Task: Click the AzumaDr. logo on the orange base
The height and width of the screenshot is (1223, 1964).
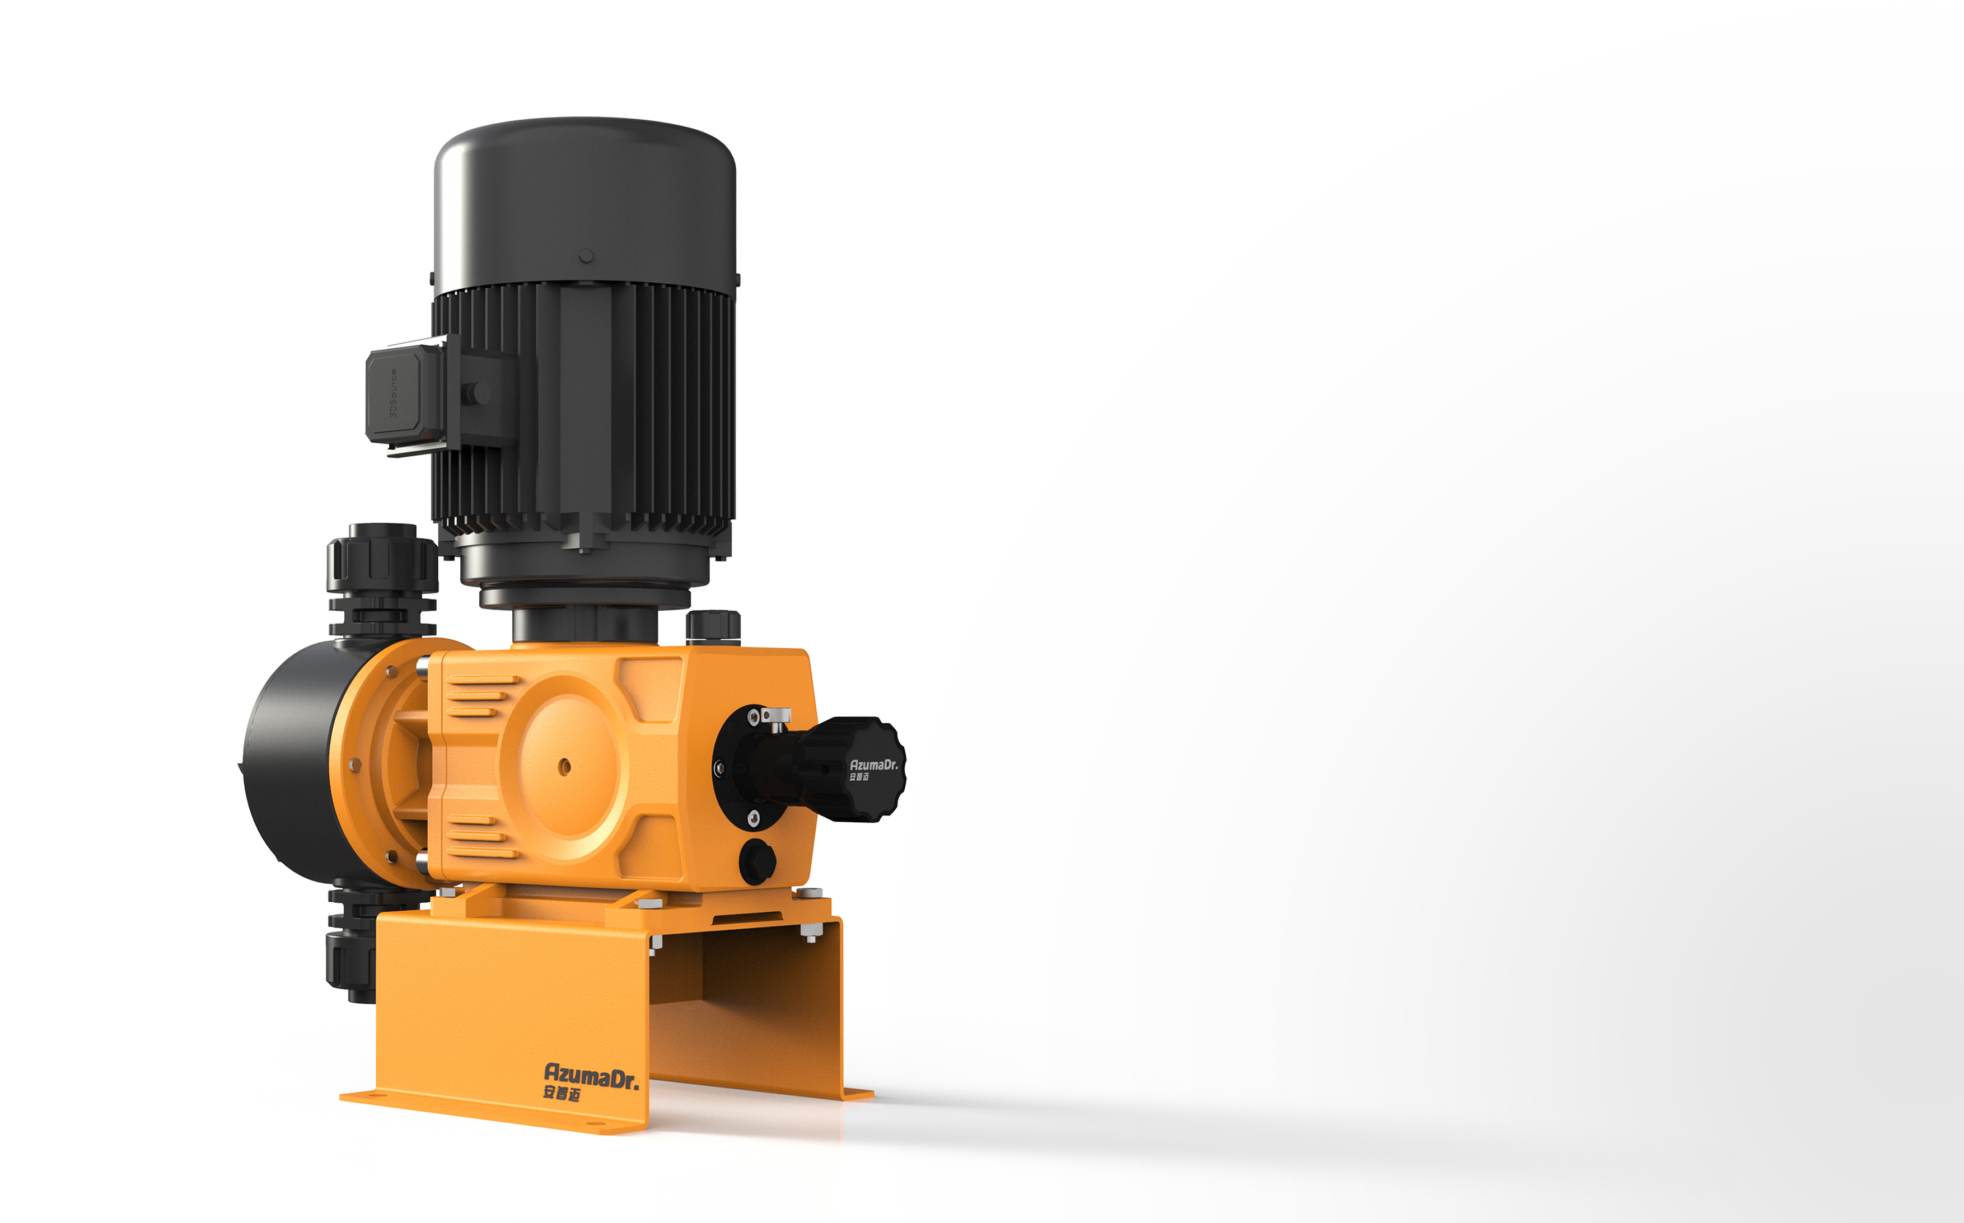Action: click(x=591, y=1076)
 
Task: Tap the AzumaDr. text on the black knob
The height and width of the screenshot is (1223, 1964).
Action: click(x=873, y=765)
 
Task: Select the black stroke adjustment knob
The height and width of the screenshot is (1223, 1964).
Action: click(x=849, y=769)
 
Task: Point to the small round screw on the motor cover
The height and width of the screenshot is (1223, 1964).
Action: click(x=586, y=256)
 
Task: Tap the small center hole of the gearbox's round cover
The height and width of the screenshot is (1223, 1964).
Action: click(x=564, y=766)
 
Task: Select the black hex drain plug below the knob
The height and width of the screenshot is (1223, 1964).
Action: click(x=757, y=861)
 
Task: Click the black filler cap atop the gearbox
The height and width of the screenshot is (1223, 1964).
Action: click(x=713, y=627)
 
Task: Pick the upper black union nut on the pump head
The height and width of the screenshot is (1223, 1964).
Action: click(x=382, y=558)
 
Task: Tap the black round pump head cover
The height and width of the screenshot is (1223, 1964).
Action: click(x=291, y=760)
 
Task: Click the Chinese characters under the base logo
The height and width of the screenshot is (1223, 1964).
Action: click(x=562, y=1094)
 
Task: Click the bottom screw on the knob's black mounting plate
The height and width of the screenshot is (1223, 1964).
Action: click(x=753, y=818)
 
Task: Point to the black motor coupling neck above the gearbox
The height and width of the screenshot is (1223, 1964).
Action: click(x=584, y=625)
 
